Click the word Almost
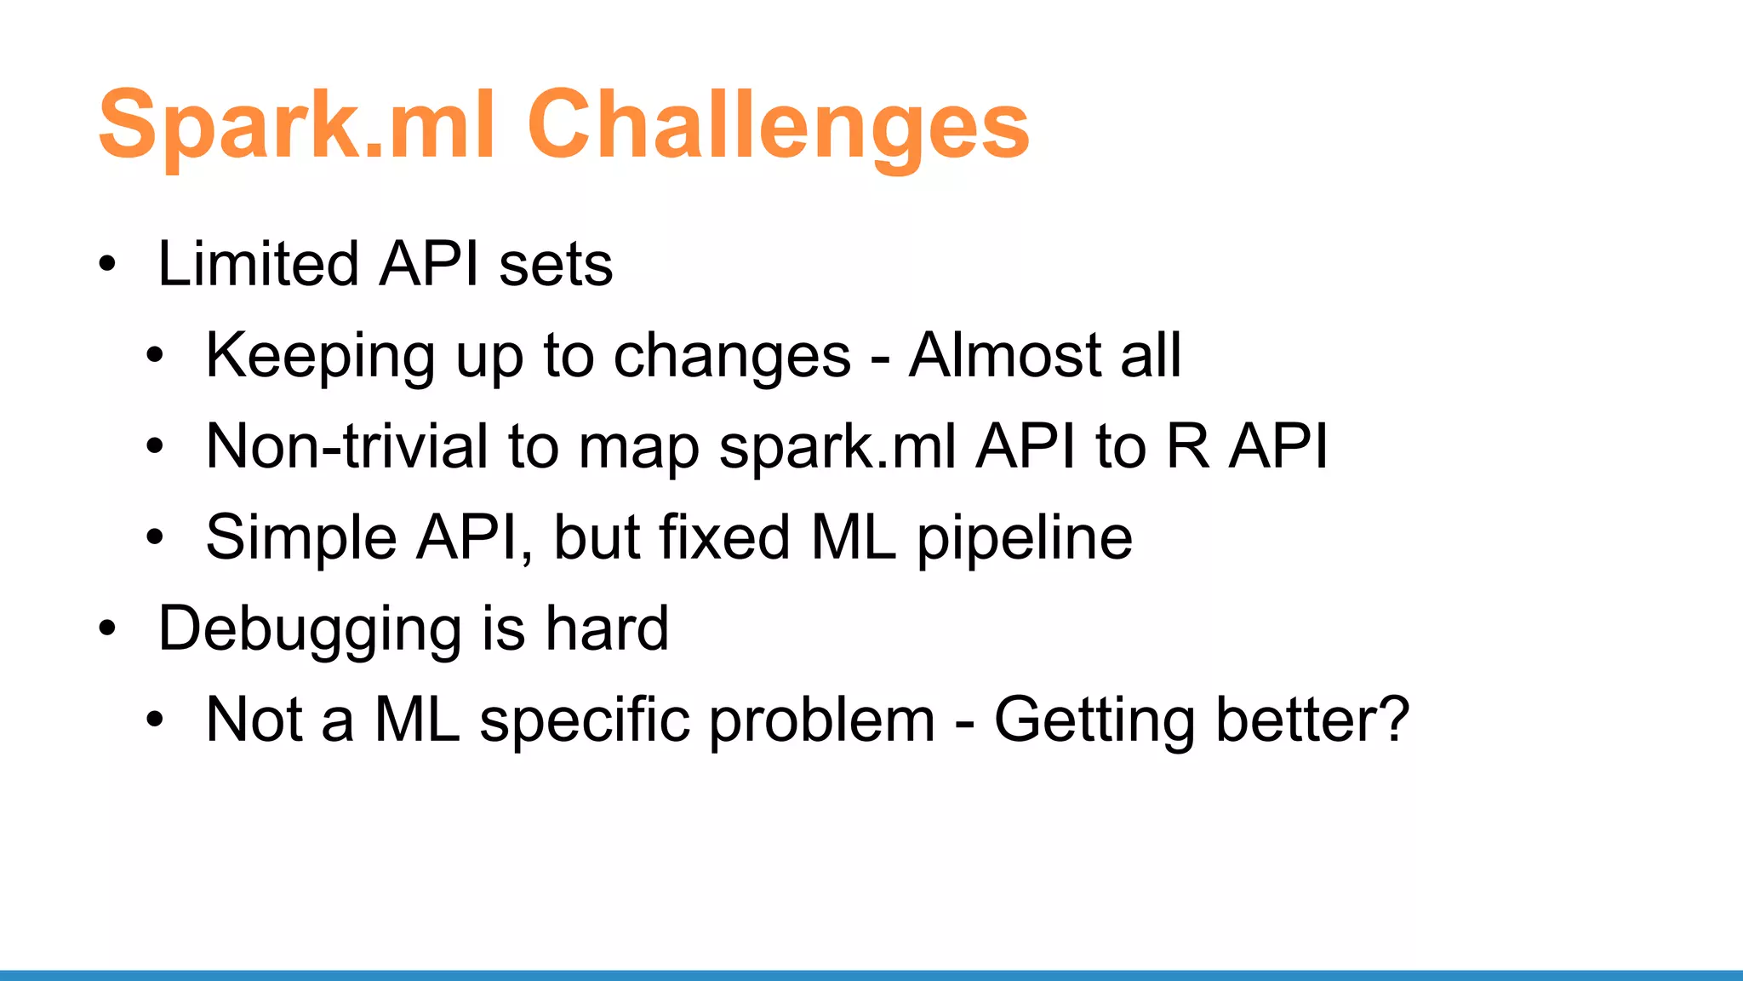[x=1003, y=355]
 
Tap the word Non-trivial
[x=347, y=446]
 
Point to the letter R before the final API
[x=1188, y=446]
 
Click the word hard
[x=607, y=629]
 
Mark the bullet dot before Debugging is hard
[x=106, y=630]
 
